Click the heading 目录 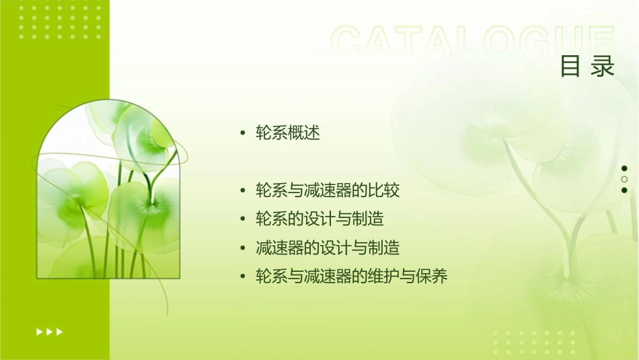587,67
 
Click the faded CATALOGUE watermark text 472,42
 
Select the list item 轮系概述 287,133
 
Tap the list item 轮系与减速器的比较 328,191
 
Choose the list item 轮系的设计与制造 319,219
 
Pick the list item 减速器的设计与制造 328,248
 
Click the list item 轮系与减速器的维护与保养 351,277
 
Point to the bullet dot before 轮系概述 243,134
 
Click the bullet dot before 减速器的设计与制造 243,249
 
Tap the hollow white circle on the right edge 624,180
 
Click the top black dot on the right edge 624,168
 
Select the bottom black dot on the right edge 624,190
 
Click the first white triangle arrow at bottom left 39,331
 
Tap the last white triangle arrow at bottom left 60,331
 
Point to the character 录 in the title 603,67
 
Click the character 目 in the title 570,67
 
